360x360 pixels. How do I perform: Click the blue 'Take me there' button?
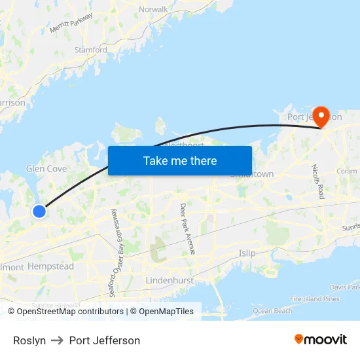click(180, 160)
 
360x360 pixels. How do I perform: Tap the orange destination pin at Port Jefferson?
click(321, 117)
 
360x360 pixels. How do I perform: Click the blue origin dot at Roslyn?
click(39, 211)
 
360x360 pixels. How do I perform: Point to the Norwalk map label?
click(154, 9)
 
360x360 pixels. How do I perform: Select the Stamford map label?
click(91, 50)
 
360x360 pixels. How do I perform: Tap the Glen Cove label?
click(46, 169)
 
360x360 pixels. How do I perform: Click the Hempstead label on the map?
click(50, 267)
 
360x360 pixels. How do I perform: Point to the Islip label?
click(247, 253)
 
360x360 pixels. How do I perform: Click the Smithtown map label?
click(252, 174)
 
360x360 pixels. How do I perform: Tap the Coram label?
click(346, 171)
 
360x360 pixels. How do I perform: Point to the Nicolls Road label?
click(319, 181)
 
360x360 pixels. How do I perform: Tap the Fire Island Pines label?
click(314, 299)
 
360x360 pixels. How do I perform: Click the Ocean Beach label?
click(272, 311)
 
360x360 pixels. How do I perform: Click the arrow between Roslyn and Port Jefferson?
click(58, 340)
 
